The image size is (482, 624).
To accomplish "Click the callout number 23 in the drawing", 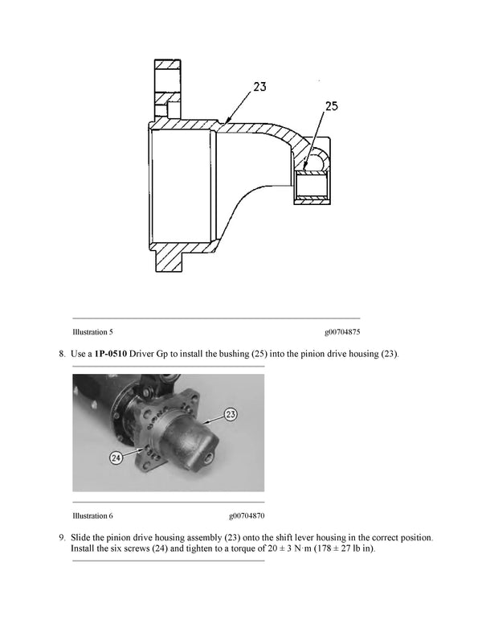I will (x=259, y=87).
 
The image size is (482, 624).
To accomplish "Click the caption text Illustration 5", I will (x=92, y=331).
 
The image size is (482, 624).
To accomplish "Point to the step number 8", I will (x=61, y=353).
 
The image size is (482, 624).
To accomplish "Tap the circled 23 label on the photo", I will (x=231, y=415).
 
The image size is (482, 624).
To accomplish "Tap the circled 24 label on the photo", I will (x=117, y=458).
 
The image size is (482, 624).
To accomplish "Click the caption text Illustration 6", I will (x=92, y=515).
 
